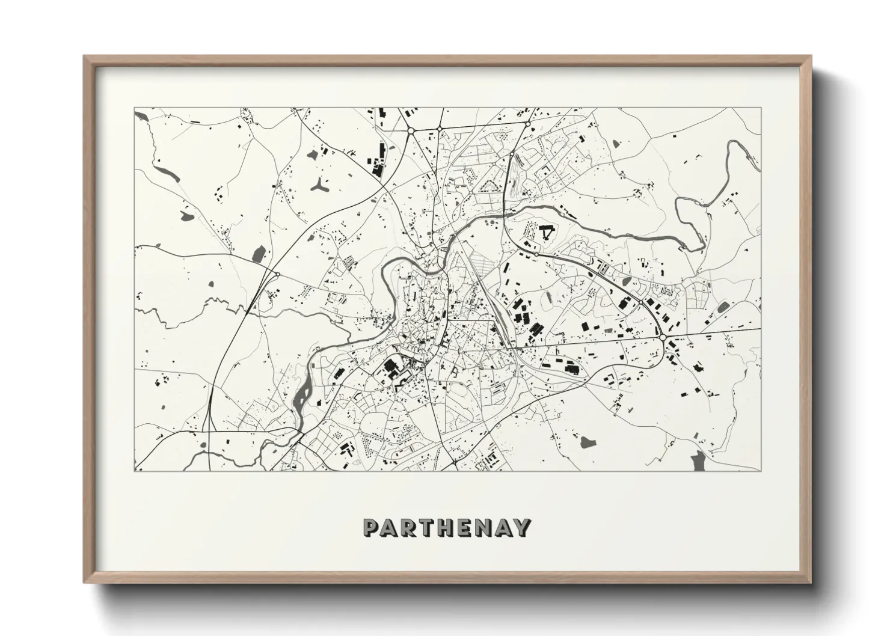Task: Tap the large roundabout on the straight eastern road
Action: click(x=662, y=338)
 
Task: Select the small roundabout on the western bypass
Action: click(x=277, y=275)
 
